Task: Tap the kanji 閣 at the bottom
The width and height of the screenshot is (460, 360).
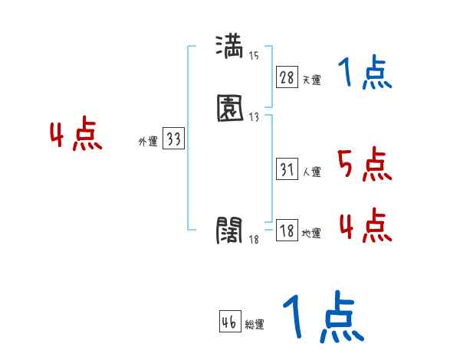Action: click(x=230, y=230)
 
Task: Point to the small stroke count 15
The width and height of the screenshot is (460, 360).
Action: click(x=254, y=55)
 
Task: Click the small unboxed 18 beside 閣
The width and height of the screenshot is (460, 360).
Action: click(x=254, y=240)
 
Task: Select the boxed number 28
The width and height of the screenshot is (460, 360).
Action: click(x=287, y=77)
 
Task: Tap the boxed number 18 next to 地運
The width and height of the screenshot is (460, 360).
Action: click(x=287, y=231)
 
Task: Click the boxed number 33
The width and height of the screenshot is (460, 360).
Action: click(x=173, y=139)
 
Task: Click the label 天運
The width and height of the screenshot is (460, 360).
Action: click(x=311, y=80)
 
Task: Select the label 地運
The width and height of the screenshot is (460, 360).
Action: click(x=311, y=234)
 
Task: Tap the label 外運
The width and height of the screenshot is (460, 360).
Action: click(x=148, y=142)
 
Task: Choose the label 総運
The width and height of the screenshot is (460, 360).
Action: click(x=255, y=325)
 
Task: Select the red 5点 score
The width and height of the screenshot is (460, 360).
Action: click(x=364, y=165)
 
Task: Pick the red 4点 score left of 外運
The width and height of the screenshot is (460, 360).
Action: click(x=76, y=136)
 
